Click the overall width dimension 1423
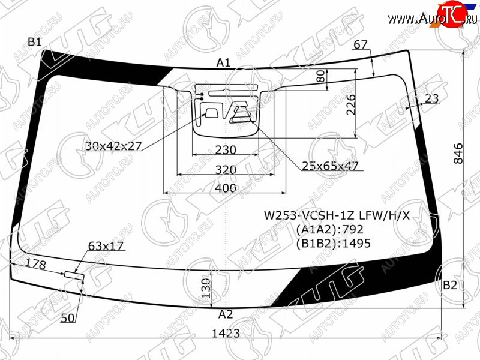click(226, 333)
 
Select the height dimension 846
click(458, 154)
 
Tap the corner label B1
click(34, 41)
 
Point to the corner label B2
click(449, 285)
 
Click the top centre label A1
click(223, 63)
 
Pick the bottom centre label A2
click(226, 314)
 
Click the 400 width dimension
click(226, 188)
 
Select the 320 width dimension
click(226, 169)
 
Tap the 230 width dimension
click(226, 149)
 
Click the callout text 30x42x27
click(113, 146)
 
